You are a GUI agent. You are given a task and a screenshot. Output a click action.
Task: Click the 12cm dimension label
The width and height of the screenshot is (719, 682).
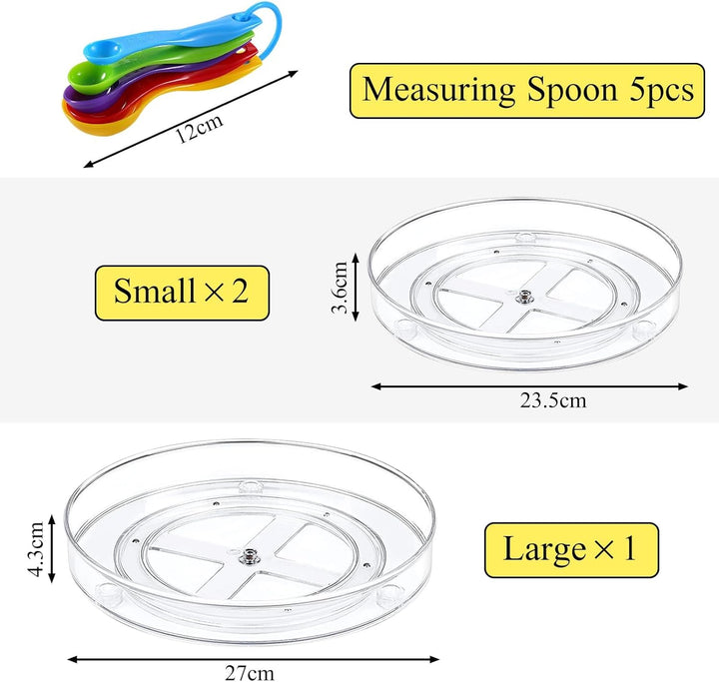200,128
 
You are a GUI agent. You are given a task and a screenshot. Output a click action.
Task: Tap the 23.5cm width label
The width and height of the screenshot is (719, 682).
553,400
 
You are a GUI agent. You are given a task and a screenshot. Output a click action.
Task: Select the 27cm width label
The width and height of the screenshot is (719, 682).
250,673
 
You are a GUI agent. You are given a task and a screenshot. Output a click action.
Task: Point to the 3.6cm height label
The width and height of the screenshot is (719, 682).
340,288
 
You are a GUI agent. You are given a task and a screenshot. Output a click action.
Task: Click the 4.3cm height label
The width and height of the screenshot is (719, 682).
35,548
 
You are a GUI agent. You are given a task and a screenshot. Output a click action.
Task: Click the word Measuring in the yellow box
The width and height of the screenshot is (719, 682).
438,90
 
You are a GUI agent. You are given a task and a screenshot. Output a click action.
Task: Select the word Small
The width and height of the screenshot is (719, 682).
155,291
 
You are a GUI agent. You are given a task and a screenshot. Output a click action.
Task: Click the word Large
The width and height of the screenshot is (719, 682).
545,549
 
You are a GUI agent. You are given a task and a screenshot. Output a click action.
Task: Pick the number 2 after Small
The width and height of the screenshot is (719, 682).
240,292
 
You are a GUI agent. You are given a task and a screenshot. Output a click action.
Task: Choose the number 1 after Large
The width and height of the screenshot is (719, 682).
629,548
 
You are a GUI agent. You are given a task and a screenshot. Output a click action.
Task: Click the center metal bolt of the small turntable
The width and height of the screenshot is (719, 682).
523,298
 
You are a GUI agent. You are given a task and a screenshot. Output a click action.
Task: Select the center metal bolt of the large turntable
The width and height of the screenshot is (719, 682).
250,555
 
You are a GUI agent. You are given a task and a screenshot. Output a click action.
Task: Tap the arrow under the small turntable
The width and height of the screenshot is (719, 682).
529,386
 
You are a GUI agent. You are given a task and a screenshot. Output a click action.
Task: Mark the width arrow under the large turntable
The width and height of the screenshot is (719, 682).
253,659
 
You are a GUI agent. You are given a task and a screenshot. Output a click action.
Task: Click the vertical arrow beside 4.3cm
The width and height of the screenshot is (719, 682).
52,548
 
